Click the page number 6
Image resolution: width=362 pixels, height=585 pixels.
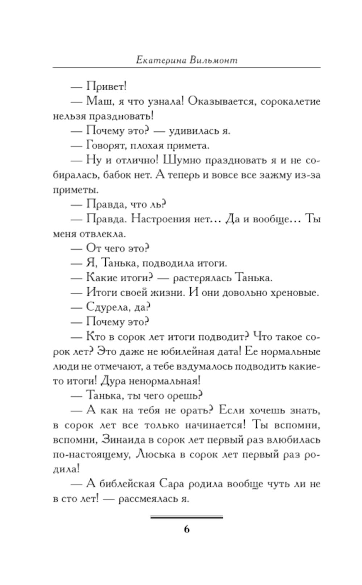[x=186, y=529]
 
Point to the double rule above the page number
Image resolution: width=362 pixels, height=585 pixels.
[x=186, y=517]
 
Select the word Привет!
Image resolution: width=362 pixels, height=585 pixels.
[x=106, y=87]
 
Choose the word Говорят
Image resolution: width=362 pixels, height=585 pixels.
[x=104, y=146]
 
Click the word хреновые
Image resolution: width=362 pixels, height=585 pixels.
[x=295, y=293]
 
